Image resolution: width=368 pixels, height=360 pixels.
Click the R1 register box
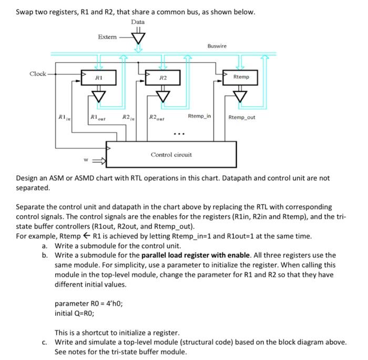point(98,77)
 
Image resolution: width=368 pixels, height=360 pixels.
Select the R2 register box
point(163,77)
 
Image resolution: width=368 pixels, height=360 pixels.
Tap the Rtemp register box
point(241,77)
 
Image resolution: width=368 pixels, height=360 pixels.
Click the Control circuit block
point(171,154)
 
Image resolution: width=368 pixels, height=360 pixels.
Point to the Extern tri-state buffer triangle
point(139,38)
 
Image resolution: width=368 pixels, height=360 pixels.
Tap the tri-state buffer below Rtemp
point(241,96)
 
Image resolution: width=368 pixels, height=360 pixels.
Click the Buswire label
point(217,46)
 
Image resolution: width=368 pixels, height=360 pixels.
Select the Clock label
point(38,74)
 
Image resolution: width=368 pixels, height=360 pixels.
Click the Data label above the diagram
point(138,22)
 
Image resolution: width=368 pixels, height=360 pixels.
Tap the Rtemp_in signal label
point(199,115)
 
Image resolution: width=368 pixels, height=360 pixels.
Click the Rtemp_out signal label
point(242,117)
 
